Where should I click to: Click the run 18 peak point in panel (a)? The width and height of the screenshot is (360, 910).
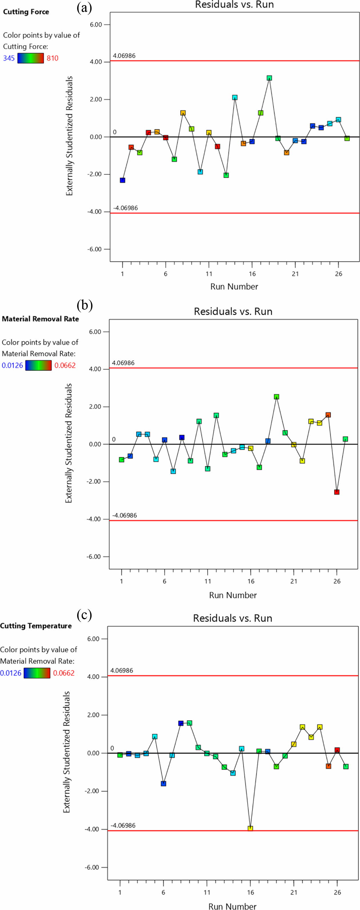pos(269,78)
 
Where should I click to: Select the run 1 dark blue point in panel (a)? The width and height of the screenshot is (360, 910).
pos(122,180)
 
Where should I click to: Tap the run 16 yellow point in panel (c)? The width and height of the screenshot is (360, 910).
pos(250,828)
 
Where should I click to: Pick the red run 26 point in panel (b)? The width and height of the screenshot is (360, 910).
pos(337,492)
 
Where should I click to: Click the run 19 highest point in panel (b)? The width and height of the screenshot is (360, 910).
pos(276,397)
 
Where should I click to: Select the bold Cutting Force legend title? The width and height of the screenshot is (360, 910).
pos(26,12)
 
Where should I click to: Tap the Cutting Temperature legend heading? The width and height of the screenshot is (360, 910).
pos(35,626)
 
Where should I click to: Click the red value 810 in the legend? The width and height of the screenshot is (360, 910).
pos(52,58)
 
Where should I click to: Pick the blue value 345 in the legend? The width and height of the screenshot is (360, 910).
pos(9,58)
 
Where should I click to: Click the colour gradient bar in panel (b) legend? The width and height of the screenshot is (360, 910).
pos(38,365)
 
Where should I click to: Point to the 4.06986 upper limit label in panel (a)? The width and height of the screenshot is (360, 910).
pos(124,55)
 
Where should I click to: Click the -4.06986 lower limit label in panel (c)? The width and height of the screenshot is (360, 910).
pos(123,825)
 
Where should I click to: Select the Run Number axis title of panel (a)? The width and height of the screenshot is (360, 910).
pos(234,286)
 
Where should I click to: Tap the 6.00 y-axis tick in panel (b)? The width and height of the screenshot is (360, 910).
pos(94,332)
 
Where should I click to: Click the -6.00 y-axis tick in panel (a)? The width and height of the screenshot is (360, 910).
pos(95,249)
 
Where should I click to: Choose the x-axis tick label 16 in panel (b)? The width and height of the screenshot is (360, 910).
pos(251,581)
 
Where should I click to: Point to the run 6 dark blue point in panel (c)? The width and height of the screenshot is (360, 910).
pos(163,783)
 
